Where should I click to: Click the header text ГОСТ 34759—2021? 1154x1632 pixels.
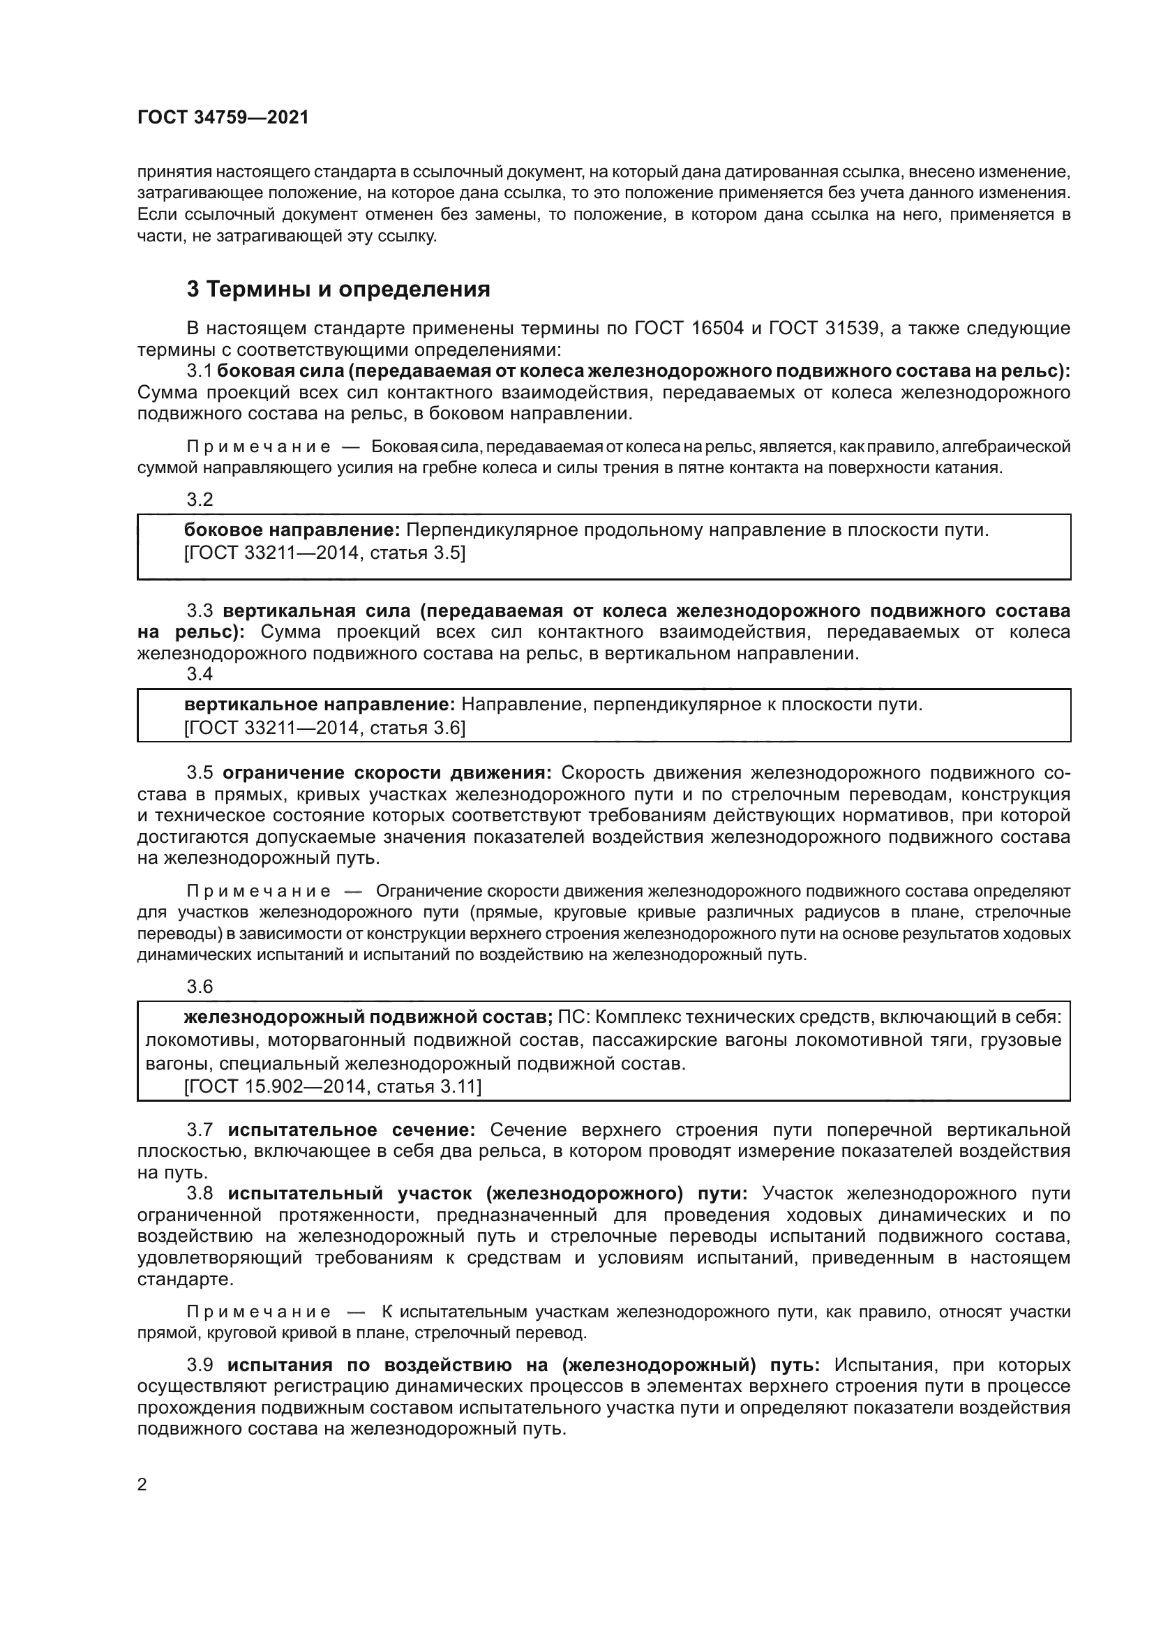223,118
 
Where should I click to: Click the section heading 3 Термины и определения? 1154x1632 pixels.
338,290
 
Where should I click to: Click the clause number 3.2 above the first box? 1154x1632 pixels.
200,500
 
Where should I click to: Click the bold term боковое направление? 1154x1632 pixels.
292,530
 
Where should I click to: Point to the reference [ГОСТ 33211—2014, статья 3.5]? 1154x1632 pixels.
324,553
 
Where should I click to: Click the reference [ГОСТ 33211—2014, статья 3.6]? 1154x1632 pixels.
324,727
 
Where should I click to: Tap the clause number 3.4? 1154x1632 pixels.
200,674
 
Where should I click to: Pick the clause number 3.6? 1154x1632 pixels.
200,987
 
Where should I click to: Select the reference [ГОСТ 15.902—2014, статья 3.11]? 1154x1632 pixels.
333,1086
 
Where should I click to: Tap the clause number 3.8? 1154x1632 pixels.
200,1193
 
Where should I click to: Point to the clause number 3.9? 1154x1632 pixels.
200,1365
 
